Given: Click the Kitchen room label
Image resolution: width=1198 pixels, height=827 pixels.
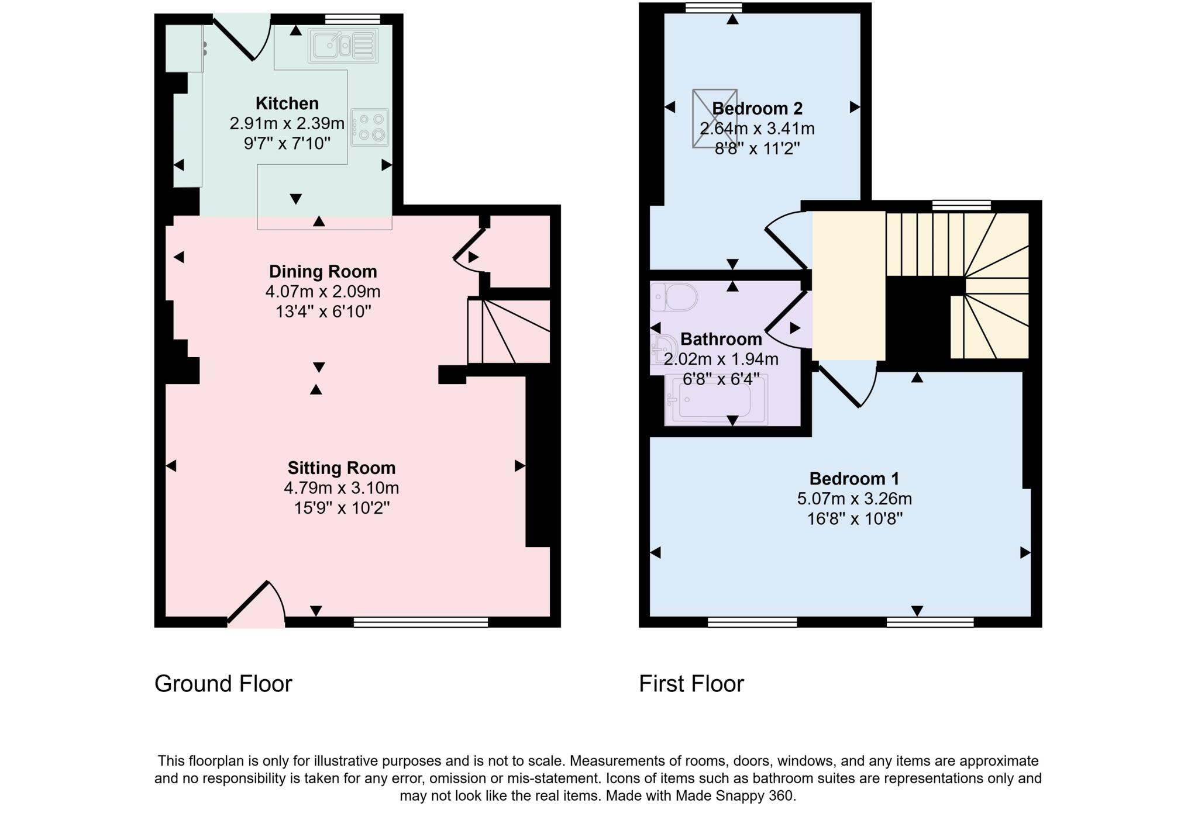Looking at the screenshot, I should [287, 103].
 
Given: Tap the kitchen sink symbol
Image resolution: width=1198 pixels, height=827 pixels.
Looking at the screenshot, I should [343, 45].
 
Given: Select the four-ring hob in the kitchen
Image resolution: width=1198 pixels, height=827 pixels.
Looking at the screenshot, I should [370, 127].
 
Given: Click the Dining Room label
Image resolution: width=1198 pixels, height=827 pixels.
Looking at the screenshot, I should [323, 272].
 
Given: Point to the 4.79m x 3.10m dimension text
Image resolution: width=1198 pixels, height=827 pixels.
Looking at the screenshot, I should [342, 488].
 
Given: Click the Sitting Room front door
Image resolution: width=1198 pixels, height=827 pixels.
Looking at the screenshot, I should [256, 605].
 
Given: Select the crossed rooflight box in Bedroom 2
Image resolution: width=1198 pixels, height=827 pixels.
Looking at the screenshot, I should [714, 119].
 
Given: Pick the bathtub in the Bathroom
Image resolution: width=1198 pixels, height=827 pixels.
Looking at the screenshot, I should [717, 400].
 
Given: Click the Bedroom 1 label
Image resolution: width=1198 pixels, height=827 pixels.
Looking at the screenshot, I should [854, 479].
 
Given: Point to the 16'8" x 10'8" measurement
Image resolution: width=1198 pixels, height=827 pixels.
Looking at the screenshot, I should [855, 519].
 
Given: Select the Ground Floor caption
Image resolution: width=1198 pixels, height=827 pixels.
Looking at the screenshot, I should [223, 684].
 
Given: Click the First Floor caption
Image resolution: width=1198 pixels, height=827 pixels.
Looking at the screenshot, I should [691, 684].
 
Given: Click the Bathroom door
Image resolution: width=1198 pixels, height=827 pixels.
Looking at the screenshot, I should [787, 320].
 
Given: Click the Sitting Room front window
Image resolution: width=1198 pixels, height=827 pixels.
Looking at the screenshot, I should [421, 622].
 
